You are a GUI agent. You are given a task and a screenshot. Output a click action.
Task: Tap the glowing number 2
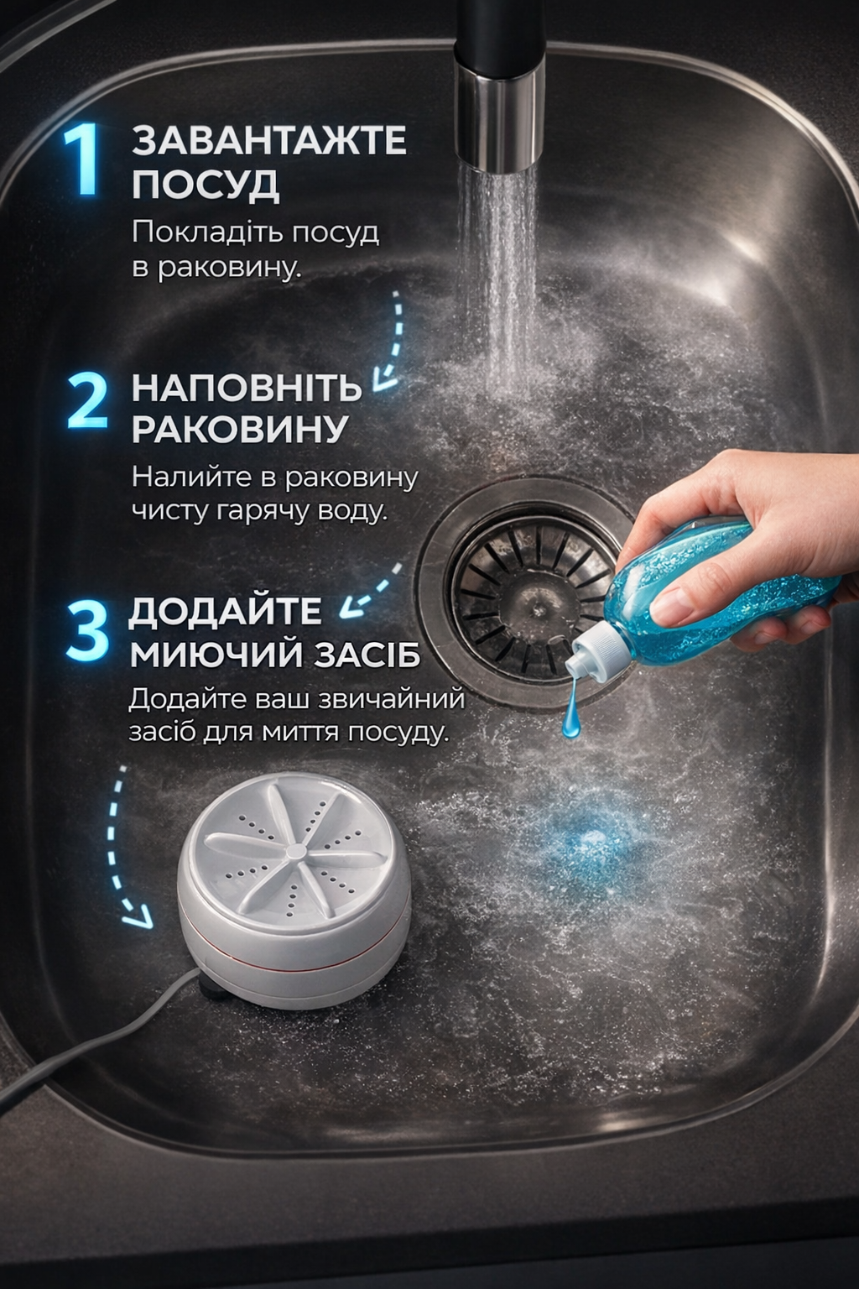tap(87, 400)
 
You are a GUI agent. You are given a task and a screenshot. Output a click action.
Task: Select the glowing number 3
tap(86, 631)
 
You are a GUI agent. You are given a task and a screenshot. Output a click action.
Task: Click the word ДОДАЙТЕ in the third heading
tap(224, 612)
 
